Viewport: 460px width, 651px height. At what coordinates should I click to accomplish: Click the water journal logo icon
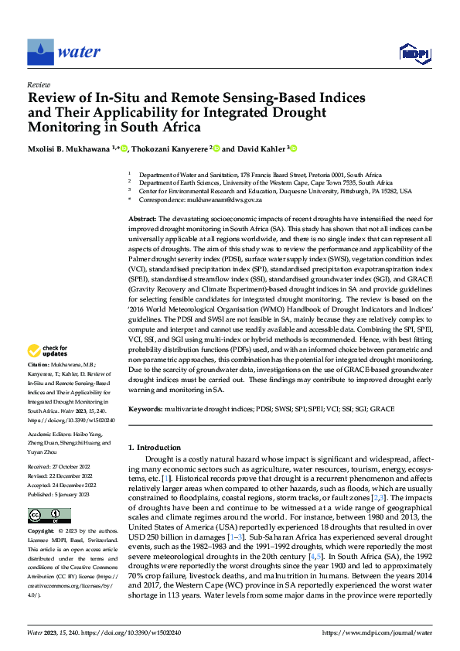(39, 52)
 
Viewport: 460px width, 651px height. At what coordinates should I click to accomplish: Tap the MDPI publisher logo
(412, 53)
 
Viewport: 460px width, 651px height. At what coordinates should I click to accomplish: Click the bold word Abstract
(142, 220)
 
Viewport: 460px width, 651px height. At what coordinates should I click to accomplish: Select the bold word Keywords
(145, 408)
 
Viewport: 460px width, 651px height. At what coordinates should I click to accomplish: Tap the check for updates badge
(50, 351)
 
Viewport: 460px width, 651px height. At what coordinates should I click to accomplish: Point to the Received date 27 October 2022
(60, 468)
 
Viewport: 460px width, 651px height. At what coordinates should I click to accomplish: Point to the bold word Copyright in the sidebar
(40, 532)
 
